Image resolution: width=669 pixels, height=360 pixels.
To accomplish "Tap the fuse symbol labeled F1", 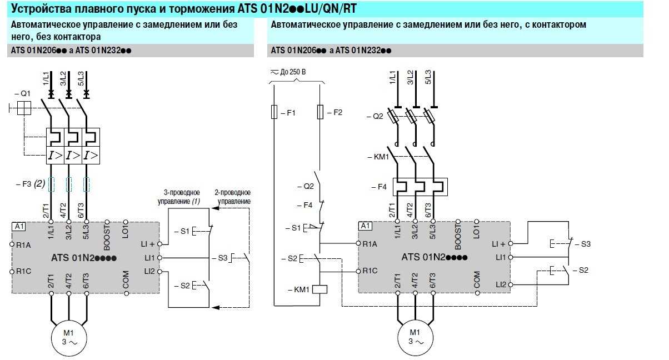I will pos(274,112).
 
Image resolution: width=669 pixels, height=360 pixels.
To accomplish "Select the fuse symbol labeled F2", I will pos(321,112).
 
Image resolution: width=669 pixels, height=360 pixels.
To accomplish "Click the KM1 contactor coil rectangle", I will pos(321,289).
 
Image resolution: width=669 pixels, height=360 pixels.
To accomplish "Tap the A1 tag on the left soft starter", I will pos(18,227).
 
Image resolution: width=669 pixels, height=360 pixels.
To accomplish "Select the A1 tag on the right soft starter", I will pos(365,226).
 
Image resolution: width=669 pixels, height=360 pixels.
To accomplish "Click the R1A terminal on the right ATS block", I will pos(369,243).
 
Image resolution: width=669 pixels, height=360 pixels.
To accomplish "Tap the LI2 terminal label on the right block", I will pos(501,284).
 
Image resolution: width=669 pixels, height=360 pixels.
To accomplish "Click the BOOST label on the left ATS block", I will pos(107,232).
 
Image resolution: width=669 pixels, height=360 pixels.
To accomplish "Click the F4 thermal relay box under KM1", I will pos(420,187).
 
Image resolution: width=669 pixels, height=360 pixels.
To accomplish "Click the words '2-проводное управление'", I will pos(234,197).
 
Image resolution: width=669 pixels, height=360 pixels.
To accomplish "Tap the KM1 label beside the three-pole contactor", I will pos(378,157).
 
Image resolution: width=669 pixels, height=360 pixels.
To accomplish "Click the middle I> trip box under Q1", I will pos(72,155).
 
